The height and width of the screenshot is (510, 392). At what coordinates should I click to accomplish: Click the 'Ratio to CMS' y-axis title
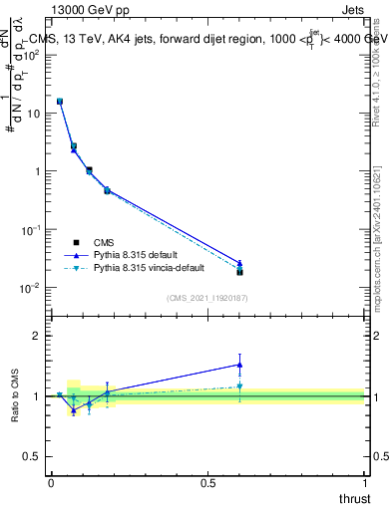click(15, 395)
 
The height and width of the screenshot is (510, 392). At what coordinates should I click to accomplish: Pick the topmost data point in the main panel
click(60, 102)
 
